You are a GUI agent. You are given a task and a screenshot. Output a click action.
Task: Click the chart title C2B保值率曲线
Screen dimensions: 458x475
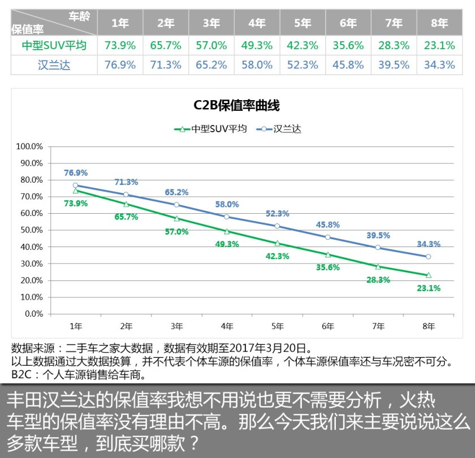coord(237,106)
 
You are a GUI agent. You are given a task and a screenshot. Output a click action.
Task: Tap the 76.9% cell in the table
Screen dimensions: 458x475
coord(120,65)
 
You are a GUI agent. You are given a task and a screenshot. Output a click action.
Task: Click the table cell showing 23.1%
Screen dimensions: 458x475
coord(439,45)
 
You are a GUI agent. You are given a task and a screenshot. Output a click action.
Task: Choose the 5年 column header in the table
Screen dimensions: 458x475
coord(303,23)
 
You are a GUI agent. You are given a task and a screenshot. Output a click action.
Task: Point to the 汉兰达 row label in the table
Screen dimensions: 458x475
coord(54,65)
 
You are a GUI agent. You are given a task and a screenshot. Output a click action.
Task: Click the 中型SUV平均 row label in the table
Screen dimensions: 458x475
coord(54,45)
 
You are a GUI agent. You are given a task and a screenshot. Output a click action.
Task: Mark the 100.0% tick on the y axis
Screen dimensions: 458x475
coord(31,146)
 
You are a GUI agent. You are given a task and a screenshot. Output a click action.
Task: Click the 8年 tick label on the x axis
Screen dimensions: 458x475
coord(429,326)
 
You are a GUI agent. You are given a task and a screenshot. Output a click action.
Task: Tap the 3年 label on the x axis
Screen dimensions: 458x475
coord(176,326)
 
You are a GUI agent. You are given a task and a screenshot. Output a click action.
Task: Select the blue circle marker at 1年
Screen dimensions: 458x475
coord(76,185)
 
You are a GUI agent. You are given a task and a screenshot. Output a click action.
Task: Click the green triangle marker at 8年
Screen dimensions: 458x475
coord(429,275)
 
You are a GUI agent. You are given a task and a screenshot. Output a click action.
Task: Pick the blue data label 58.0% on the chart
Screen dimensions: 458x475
coord(227,204)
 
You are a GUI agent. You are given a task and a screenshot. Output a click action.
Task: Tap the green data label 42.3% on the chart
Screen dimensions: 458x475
coord(277,256)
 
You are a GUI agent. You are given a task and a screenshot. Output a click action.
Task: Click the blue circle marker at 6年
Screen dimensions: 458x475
coord(328,237)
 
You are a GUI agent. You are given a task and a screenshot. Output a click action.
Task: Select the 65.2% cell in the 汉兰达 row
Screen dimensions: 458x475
coord(211,65)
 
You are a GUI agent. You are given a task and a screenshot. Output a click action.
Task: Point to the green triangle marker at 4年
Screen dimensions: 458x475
coord(227,231)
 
